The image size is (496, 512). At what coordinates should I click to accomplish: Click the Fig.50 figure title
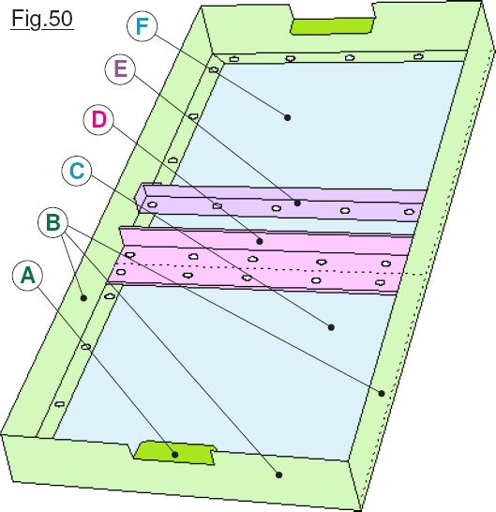click(x=42, y=19)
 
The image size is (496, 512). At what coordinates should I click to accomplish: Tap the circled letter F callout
click(x=142, y=26)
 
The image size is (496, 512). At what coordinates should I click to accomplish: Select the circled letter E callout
click(x=120, y=69)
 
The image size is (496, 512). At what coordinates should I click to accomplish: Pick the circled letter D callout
click(x=98, y=119)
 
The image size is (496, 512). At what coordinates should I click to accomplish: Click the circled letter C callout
click(x=77, y=171)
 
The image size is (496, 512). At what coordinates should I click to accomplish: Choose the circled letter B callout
click(x=53, y=222)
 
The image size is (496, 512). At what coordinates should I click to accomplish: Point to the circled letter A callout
click(x=27, y=276)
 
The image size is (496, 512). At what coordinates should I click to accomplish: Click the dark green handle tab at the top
click(x=332, y=26)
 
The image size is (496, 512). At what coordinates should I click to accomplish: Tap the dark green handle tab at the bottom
click(x=175, y=453)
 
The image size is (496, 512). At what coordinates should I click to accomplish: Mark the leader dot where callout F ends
click(x=287, y=117)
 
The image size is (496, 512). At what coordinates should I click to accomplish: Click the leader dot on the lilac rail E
click(x=297, y=203)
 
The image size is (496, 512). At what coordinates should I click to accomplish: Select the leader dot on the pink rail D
click(x=260, y=241)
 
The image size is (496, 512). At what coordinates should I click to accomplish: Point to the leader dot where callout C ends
click(x=331, y=327)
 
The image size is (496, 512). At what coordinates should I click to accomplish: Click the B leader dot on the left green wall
click(x=84, y=298)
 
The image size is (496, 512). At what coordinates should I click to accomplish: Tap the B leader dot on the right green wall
click(x=382, y=394)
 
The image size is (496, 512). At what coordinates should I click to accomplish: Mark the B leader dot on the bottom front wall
click(x=278, y=475)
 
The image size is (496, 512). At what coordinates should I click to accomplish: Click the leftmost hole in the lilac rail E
click(x=152, y=205)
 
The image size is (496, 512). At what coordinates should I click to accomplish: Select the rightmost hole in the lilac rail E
click(x=409, y=212)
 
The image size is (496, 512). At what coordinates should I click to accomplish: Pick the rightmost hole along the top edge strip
click(x=418, y=56)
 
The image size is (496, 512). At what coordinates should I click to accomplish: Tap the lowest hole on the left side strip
click(x=59, y=404)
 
